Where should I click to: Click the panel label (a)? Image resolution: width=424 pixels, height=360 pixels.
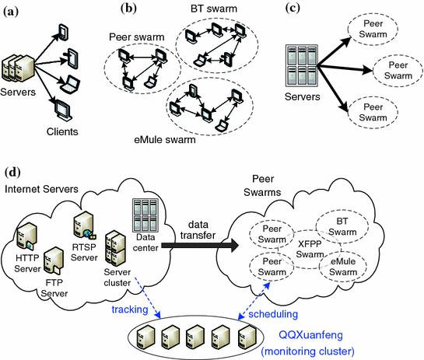[x=11, y=12]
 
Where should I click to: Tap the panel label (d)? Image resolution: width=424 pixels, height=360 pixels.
[x=12, y=172]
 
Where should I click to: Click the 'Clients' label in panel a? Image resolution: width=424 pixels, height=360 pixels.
[x=62, y=131]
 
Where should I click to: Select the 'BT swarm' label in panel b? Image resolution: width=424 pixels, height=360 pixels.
[x=214, y=9]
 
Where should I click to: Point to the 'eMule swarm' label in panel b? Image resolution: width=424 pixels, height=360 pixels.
[x=165, y=140]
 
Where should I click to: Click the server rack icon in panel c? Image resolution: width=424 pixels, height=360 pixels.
[x=302, y=65]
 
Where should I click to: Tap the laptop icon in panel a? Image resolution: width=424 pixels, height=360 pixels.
[x=70, y=84]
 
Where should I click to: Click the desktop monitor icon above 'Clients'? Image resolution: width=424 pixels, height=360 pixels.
[x=63, y=111]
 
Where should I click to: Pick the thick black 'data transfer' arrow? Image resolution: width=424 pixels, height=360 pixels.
[x=200, y=246]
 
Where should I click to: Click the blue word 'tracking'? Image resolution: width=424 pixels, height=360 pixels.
[x=130, y=309]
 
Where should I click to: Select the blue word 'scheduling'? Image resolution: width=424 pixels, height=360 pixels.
[x=273, y=314]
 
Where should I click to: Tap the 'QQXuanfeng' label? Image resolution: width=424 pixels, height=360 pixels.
[x=310, y=335]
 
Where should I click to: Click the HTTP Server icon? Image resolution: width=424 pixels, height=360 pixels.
[x=26, y=236]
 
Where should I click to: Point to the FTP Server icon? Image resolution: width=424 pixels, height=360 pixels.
[x=54, y=260]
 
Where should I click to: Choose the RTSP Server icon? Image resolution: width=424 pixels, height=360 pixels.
[x=84, y=225]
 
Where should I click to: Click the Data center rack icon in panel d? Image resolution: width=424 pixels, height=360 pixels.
[x=145, y=215]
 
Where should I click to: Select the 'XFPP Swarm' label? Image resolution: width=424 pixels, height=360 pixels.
[x=310, y=249]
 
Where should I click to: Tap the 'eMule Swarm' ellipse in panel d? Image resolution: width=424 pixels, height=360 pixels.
[x=343, y=267]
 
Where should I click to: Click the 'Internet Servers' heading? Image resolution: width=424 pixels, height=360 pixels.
[x=41, y=189]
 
